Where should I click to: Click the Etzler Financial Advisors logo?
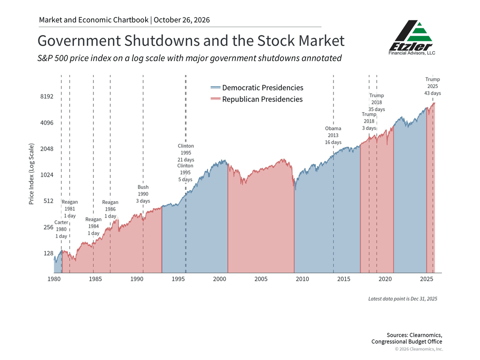pos(412,37)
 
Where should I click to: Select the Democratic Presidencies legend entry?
pos(257,88)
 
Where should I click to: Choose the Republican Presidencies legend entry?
pos(256,99)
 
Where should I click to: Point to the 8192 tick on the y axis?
pos(46,96)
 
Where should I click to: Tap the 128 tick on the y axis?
pos(48,253)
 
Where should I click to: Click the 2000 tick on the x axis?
pos(220,279)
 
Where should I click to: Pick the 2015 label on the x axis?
pos(344,279)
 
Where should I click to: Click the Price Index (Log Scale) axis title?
pos(32,174)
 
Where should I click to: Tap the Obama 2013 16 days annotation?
pos(333,135)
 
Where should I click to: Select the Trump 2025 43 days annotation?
pos(432,86)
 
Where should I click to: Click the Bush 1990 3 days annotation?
pos(143,194)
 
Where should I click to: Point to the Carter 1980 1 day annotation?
pos(61,229)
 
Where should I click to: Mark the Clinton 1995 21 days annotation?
pos(186,152)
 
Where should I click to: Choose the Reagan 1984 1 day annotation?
pos(93,226)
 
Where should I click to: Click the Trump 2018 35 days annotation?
pos(376,102)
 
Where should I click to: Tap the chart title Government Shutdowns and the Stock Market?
pos(191,41)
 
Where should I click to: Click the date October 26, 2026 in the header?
pos(182,20)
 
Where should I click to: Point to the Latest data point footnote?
pos(402,299)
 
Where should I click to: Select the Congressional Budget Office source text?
pos(407,342)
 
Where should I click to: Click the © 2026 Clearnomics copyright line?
pos(419,349)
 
